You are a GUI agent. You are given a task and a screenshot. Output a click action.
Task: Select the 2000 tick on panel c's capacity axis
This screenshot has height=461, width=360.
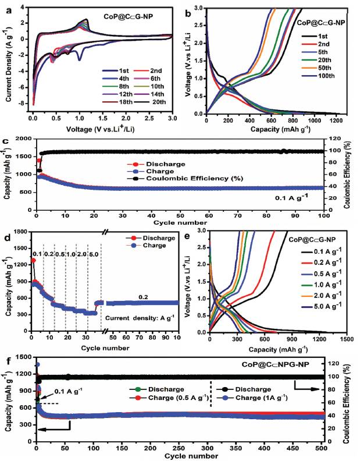27,139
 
